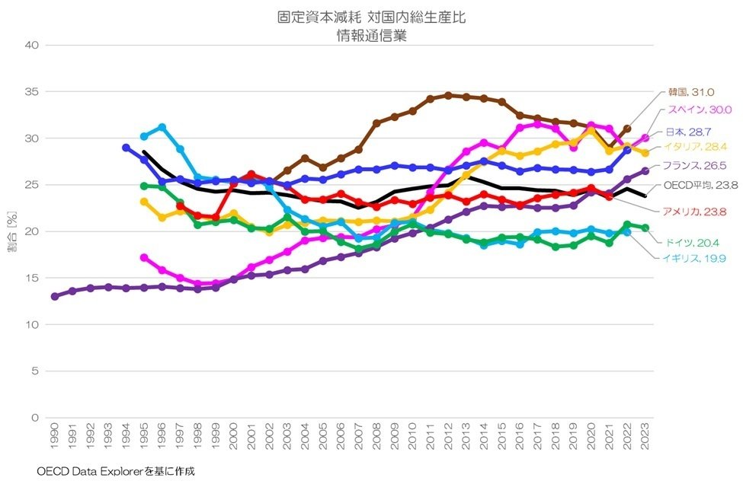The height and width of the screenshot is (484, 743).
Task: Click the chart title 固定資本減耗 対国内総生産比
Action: coord(371,17)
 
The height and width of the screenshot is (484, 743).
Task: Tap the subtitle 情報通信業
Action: coord(371,35)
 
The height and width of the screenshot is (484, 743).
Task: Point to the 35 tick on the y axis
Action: coord(31,91)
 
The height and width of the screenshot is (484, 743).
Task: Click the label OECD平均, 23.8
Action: coord(699,185)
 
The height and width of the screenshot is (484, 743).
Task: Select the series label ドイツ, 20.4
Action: coord(692,243)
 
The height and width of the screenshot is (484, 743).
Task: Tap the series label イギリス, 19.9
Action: coord(693,259)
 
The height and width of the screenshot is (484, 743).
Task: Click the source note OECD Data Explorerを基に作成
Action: coord(116,471)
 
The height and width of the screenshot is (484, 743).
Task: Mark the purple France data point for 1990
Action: coord(54,296)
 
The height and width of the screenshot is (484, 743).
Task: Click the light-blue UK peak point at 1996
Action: coord(162,127)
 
